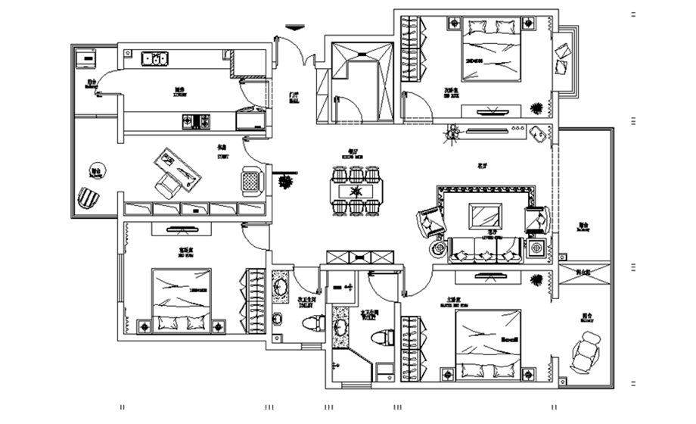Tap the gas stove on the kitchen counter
pyautogui.click(x=196, y=120)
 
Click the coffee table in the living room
pyautogui.click(x=483, y=216)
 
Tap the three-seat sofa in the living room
pyautogui.click(x=485, y=248)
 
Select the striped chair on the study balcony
pyautogui.click(x=89, y=200)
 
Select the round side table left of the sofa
pyautogui.click(x=439, y=248)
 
